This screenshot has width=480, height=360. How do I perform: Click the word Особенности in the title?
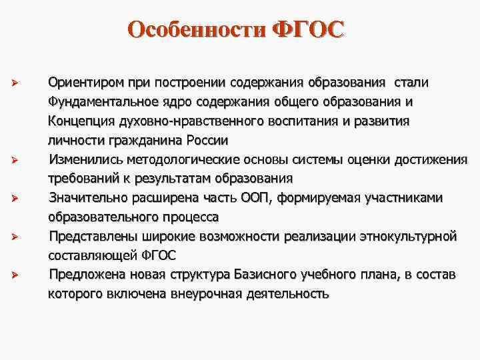pos(197,30)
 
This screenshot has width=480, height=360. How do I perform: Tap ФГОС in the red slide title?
pos(309,30)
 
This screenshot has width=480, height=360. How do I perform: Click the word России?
pos(208,141)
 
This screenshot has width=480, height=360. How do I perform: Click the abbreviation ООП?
pos(256,198)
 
